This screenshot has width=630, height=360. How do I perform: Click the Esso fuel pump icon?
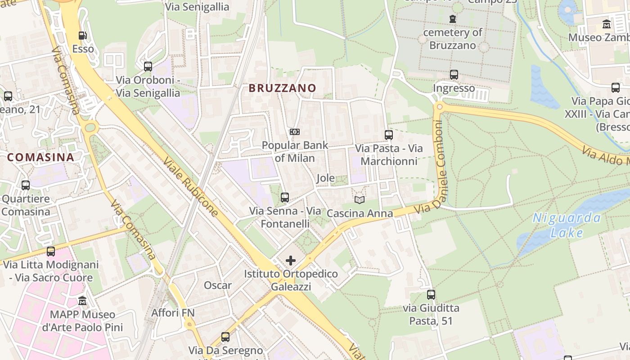82,36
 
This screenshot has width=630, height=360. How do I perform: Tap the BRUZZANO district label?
283,88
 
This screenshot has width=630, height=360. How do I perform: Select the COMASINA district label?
40,157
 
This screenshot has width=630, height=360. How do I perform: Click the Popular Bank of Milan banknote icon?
295,131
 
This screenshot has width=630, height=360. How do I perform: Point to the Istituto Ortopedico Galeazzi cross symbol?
291,260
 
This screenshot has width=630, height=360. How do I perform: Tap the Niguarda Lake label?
567,225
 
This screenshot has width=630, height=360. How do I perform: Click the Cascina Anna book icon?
359,200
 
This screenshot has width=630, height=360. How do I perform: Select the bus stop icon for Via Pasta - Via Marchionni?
389,135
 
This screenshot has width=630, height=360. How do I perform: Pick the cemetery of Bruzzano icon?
452,19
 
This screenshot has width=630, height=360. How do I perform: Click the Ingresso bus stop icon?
454,75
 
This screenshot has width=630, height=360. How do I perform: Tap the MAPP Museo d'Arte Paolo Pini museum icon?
82,301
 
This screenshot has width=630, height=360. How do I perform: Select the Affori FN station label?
172,313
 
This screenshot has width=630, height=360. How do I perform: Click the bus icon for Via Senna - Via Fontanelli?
284,197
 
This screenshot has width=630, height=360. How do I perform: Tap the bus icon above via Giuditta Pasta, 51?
431,295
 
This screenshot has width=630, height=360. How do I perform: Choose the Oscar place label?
218,285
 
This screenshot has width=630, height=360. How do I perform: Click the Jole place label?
325,178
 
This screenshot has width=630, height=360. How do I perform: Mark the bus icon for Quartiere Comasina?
26,185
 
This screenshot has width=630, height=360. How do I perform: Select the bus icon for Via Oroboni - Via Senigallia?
148,67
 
